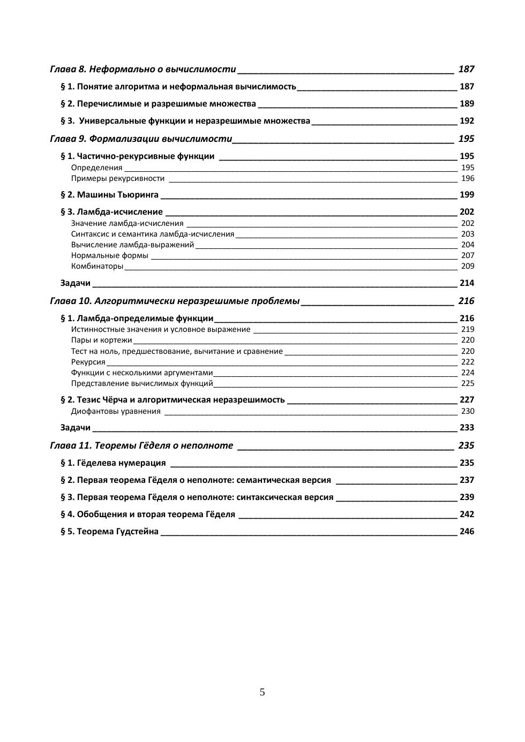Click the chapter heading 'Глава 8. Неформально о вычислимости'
click(x=142, y=69)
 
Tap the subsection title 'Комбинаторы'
click(x=97, y=266)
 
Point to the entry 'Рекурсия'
click(x=88, y=362)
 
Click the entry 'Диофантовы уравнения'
click(x=116, y=411)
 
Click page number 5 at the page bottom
click(x=262, y=692)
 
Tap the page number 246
click(x=467, y=532)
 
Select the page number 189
click(x=467, y=104)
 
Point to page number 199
click(x=467, y=195)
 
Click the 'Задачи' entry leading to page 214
click(x=76, y=283)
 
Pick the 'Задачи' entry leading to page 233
click(x=76, y=428)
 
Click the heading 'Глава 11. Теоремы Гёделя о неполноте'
click(x=141, y=445)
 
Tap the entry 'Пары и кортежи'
click(x=101, y=340)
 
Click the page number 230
click(x=468, y=411)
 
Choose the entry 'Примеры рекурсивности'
click(x=118, y=178)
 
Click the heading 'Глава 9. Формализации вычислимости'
click(x=141, y=139)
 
